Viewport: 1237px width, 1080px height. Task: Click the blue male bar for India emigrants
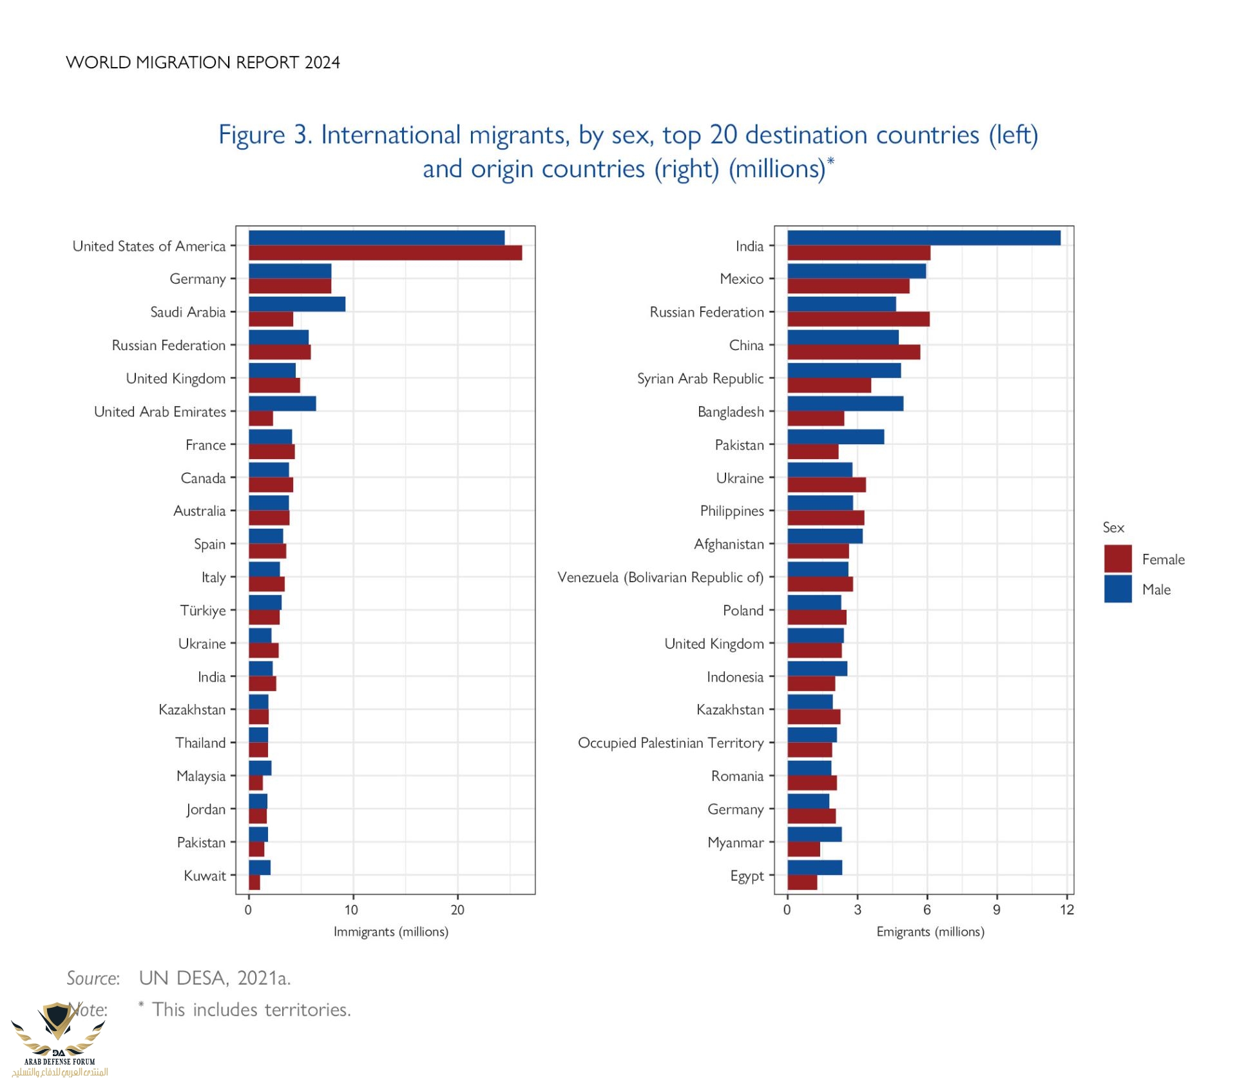(x=923, y=238)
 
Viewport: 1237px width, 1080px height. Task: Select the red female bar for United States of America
(x=385, y=253)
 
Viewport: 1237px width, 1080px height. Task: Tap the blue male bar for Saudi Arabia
(x=296, y=304)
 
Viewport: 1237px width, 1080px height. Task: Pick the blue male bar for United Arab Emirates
(x=282, y=404)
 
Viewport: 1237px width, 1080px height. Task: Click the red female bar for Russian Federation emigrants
(x=858, y=319)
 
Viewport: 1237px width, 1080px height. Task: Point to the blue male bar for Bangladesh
(x=845, y=404)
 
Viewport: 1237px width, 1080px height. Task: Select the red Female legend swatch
(x=1118, y=558)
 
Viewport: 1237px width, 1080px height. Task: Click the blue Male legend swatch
(x=1118, y=589)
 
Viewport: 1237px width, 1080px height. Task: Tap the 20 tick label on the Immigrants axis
(x=457, y=910)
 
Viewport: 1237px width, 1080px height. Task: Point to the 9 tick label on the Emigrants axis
(x=997, y=910)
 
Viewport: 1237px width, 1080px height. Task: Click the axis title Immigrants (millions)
(x=391, y=932)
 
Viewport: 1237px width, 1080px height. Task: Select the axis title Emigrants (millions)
(x=930, y=932)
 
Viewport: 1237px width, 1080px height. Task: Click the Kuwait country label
(x=205, y=876)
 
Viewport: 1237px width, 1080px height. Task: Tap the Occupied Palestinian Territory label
(x=671, y=743)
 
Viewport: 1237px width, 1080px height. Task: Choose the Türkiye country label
(x=203, y=611)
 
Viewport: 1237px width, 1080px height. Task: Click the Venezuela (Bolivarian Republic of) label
(x=660, y=577)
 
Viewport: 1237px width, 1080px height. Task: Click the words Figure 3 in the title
(x=265, y=135)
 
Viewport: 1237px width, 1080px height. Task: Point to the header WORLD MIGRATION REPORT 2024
(x=203, y=63)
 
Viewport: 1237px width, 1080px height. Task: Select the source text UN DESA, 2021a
(x=215, y=978)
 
